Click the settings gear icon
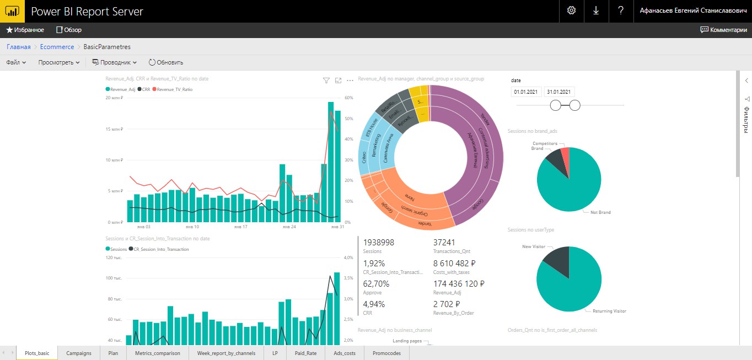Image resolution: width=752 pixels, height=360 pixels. tap(571, 11)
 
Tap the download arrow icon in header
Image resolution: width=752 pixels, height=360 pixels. tap(596, 11)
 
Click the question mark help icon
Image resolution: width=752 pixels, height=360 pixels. tap(621, 11)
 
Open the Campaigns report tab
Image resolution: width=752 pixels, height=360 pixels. tap(79, 353)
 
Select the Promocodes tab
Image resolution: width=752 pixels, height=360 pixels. tap(386, 353)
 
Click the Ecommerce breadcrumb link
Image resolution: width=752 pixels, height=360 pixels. tap(57, 47)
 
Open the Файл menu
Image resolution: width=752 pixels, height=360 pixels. tap(16, 62)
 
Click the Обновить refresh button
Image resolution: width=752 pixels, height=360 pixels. tap(166, 62)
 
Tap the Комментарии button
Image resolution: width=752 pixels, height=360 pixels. tap(723, 30)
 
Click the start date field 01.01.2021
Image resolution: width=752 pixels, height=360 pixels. tap(525, 92)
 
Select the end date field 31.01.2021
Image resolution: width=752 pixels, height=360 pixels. tap(559, 92)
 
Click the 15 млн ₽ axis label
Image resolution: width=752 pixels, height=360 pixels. tap(114, 129)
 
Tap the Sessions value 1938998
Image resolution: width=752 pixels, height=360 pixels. tap(379, 243)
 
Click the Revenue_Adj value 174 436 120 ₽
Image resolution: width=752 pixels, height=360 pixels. tap(459, 284)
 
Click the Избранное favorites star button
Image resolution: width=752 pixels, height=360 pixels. tap(25, 30)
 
